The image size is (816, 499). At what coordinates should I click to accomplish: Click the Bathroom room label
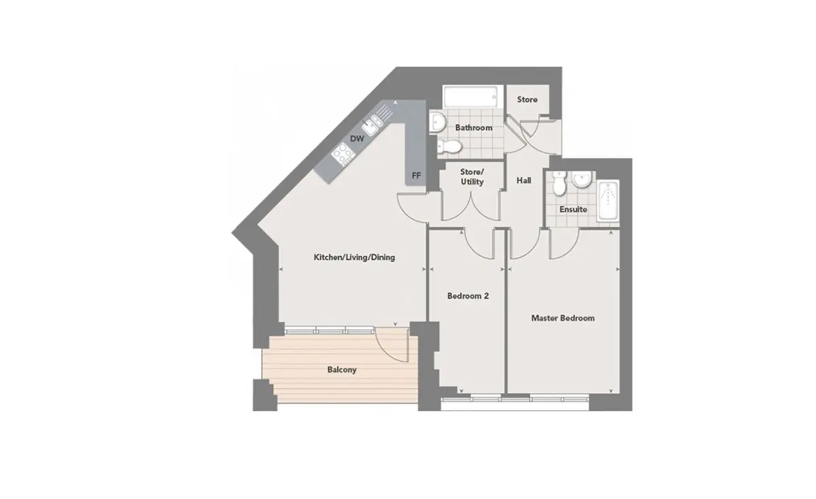[473, 128]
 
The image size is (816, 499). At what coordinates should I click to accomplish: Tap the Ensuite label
[573, 210]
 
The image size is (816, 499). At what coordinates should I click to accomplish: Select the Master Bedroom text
[563, 318]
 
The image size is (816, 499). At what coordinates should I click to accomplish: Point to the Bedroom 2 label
[468, 296]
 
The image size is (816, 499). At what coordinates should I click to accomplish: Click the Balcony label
[341, 370]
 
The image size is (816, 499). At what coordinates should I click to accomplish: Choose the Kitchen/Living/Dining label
[354, 257]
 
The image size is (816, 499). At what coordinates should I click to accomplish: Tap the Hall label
[524, 180]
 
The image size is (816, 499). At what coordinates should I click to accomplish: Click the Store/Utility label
[472, 177]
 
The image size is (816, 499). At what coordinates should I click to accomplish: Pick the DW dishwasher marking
[357, 139]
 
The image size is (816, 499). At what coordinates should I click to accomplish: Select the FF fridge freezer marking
[416, 176]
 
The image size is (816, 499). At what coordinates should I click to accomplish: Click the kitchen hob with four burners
[343, 154]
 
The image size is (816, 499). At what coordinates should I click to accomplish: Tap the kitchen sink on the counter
[373, 125]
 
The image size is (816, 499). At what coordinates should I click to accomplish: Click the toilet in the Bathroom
[449, 146]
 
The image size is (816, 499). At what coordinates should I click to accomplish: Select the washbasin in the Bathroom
[437, 122]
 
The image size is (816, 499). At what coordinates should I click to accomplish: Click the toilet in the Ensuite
[559, 184]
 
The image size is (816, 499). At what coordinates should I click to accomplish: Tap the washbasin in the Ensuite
[581, 180]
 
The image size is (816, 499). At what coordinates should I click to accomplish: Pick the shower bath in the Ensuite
[608, 201]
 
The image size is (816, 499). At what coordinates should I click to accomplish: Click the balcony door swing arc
[387, 349]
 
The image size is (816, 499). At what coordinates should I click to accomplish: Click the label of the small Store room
[527, 99]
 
